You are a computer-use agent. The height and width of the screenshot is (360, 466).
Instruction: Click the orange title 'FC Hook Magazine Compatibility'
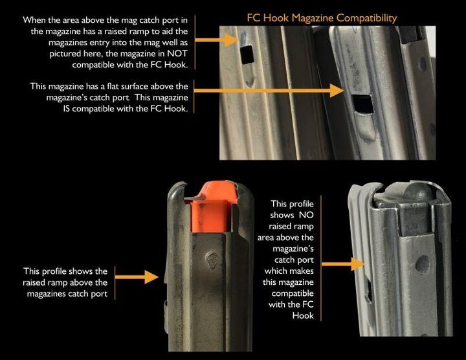point(322,17)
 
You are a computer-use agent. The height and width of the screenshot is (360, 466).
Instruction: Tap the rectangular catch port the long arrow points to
point(361,102)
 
